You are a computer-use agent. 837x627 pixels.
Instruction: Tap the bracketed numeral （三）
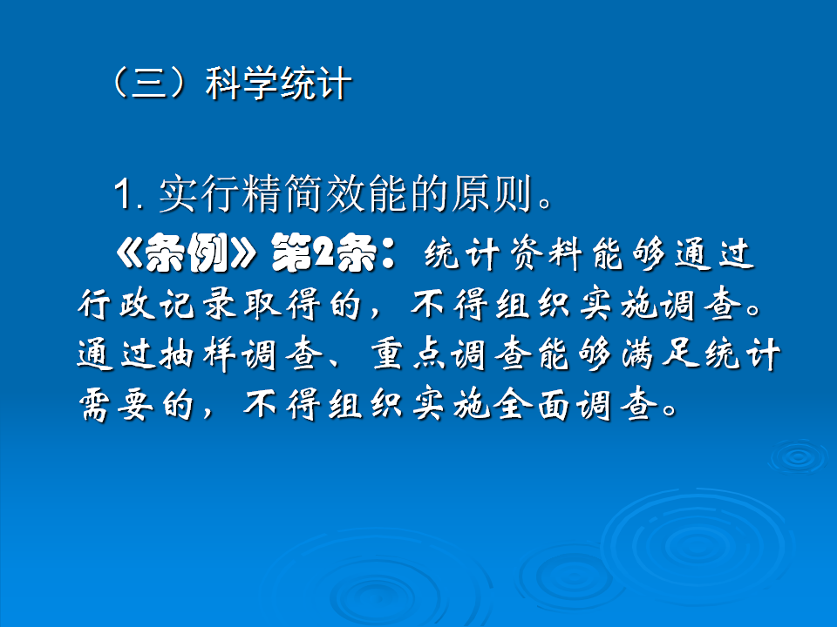tap(146, 85)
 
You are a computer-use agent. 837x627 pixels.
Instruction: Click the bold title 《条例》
tap(184, 254)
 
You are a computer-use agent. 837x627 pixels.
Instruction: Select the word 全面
tap(541, 405)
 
